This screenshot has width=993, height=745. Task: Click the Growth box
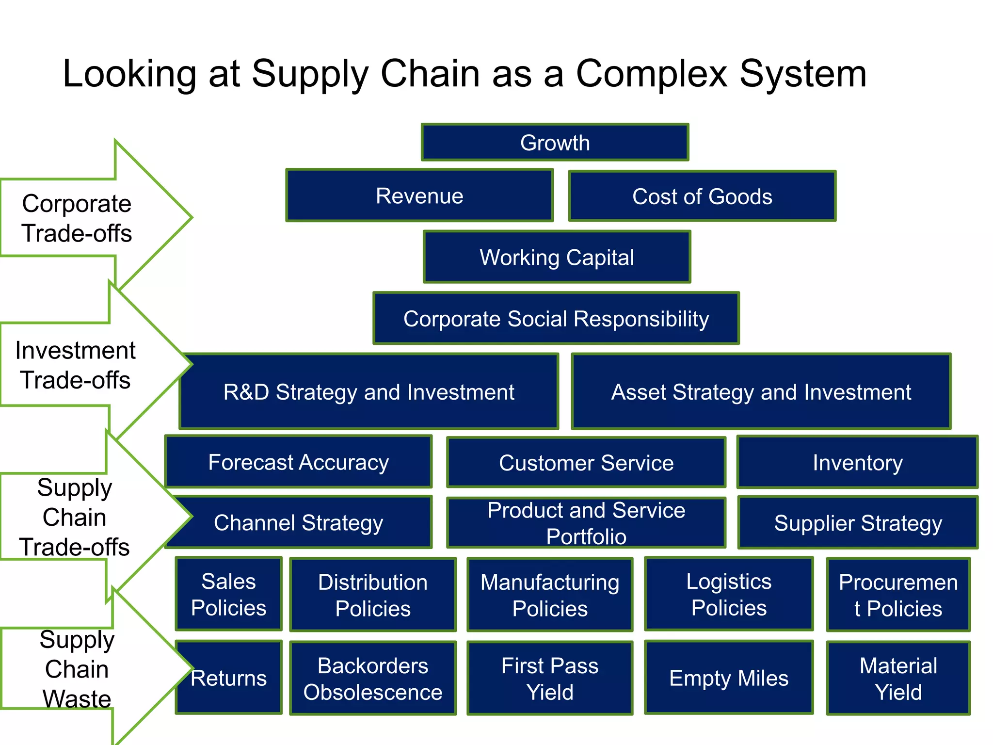(555, 142)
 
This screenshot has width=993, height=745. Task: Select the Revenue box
(419, 195)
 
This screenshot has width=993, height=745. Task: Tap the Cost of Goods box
(702, 196)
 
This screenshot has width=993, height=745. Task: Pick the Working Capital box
(557, 257)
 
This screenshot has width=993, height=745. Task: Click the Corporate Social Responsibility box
(556, 319)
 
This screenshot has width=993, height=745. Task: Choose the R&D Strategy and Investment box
(368, 392)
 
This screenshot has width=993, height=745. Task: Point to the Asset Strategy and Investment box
(761, 392)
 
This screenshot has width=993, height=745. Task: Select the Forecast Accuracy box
(298, 462)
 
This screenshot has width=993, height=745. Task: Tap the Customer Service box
(586, 462)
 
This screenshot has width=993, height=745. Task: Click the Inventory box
(857, 462)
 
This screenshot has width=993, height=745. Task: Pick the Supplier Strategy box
(858, 522)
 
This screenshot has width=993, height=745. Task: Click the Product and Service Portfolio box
(586, 523)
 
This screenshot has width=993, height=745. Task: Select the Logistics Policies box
(729, 594)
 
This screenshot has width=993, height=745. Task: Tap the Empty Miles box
(729, 678)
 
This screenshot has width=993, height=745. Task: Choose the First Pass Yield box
(550, 678)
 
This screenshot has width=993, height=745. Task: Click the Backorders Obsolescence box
(372, 678)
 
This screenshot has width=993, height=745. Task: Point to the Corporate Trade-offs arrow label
(77, 218)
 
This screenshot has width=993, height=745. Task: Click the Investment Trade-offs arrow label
(75, 365)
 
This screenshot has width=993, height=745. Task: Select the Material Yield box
(898, 678)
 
